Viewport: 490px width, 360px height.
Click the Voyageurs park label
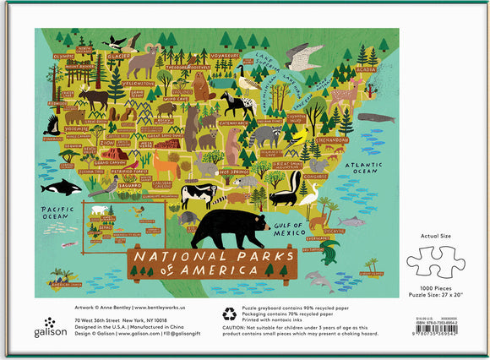coord(224,55)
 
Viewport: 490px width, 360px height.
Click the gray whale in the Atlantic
coord(375,118)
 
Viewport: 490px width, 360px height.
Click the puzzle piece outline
coord(437,261)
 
